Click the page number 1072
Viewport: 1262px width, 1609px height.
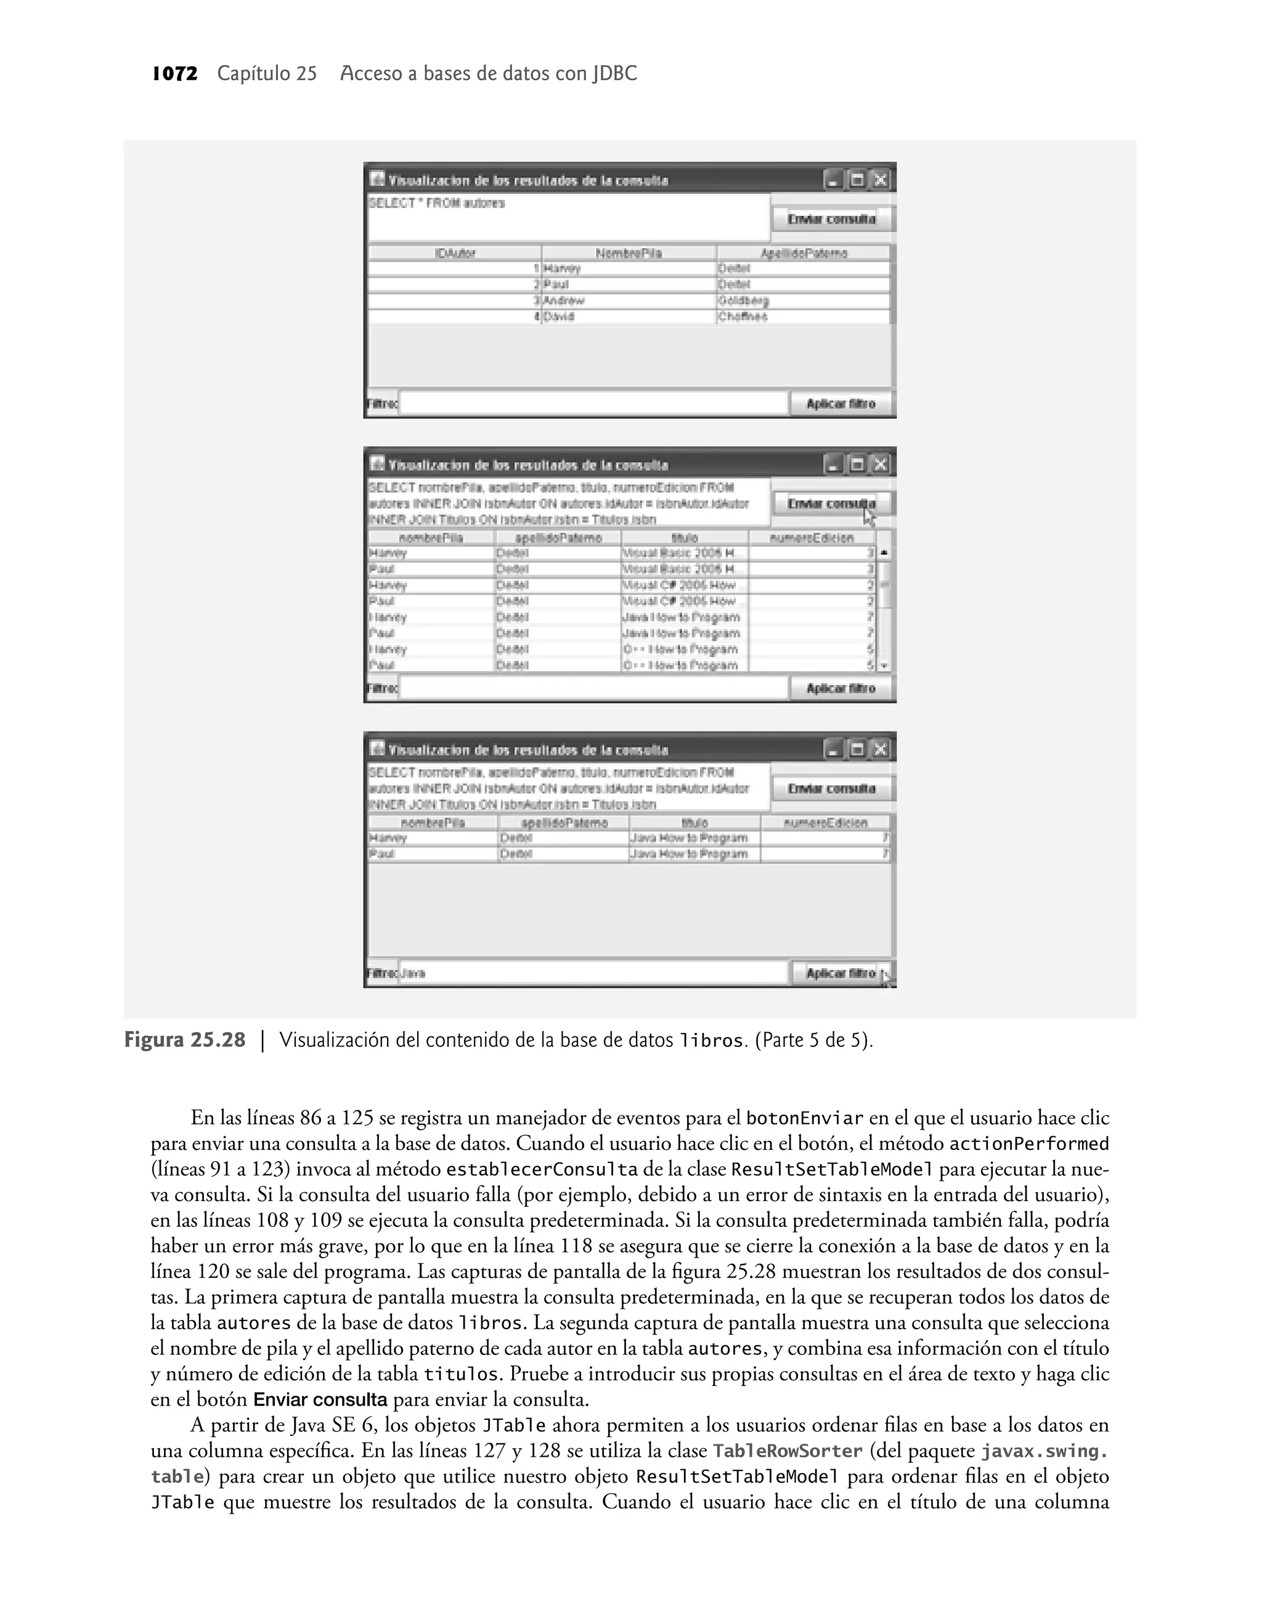click(x=175, y=74)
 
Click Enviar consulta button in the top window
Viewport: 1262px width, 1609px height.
click(x=831, y=219)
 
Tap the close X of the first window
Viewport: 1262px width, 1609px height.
click(x=879, y=179)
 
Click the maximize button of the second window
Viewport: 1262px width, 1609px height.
click(x=857, y=465)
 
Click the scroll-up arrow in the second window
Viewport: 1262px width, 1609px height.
click(x=884, y=553)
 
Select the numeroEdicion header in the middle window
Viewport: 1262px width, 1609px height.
click(x=812, y=538)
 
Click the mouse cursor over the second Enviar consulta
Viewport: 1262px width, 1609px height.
click(x=869, y=516)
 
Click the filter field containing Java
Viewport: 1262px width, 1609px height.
click(x=593, y=973)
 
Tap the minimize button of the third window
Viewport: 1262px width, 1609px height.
click(x=834, y=750)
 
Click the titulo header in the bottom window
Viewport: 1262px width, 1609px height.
click(x=694, y=823)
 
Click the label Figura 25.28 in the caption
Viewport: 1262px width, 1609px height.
click(x=185, y=1041)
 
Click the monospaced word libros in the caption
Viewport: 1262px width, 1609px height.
click(x=710, y=1041)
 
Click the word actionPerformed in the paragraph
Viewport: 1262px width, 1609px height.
click(x=1028, y=1144)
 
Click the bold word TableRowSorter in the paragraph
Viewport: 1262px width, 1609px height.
click(x=787, y=1451)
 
